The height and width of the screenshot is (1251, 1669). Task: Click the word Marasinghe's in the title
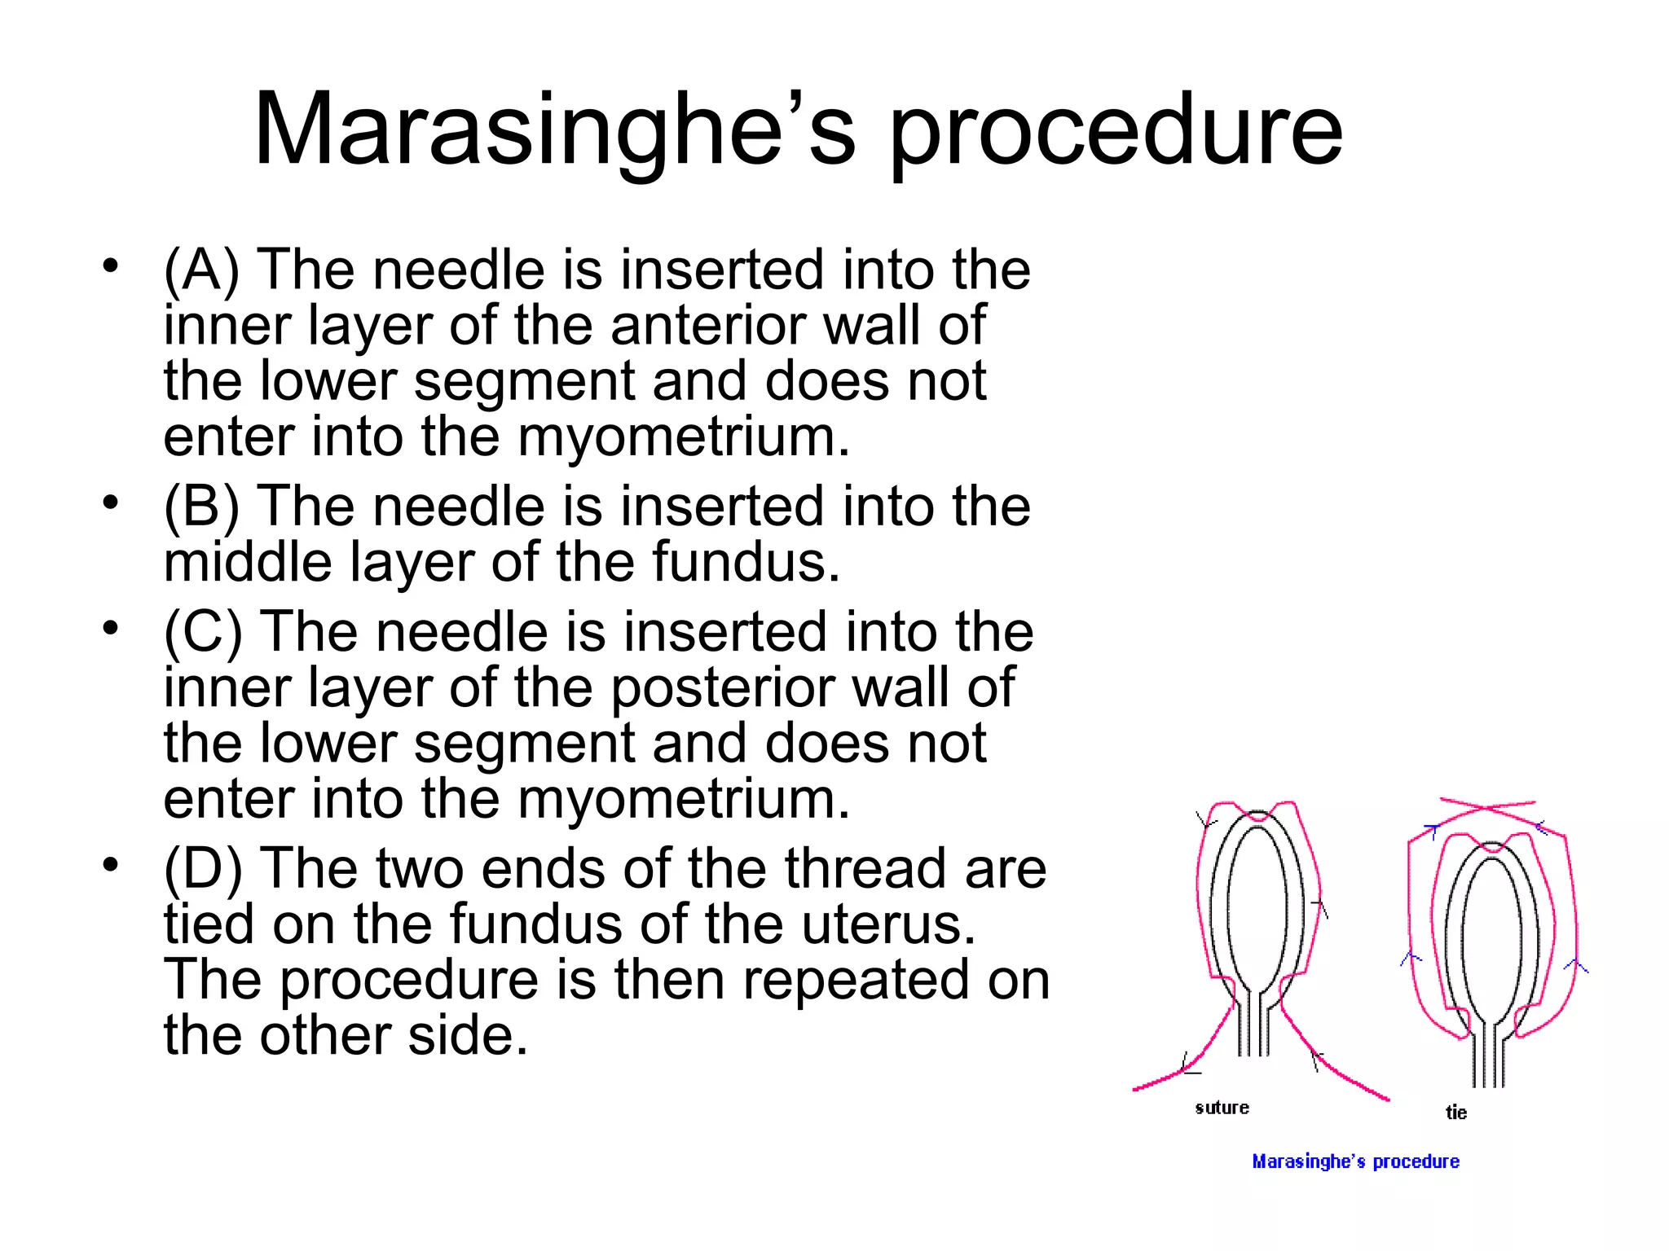554,130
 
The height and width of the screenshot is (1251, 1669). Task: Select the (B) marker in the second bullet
201,506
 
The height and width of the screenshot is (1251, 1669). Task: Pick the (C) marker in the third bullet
203,632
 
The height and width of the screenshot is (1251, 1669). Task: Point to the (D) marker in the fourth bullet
203,868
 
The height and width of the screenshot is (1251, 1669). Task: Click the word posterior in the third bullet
722,687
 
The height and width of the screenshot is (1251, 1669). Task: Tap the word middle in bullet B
248,562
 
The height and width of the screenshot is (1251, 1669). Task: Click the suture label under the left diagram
1222,1108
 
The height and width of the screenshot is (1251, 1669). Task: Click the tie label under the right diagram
1456,1113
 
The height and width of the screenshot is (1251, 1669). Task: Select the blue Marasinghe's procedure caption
1355,1161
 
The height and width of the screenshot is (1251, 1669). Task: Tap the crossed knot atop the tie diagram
1488,809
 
